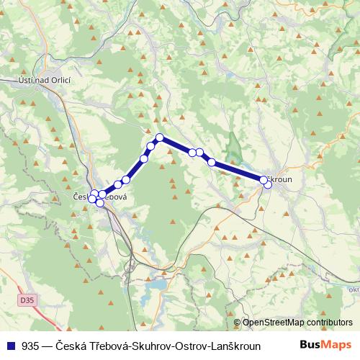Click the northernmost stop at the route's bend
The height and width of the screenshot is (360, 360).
pos(160,138)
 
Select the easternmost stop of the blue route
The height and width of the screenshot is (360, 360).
pos(268,184)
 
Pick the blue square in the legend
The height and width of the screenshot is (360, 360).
pos(11,345)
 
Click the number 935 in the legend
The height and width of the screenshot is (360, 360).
pos(31,345)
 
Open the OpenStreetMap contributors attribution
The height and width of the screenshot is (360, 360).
pos(297,323)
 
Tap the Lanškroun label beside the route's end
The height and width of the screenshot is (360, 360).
pos(279,179)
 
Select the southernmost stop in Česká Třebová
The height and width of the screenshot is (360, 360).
pos(100,204)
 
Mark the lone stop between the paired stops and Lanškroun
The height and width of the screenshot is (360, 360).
pos(212,162)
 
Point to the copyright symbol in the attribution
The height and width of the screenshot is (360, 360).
pos(237,323)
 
